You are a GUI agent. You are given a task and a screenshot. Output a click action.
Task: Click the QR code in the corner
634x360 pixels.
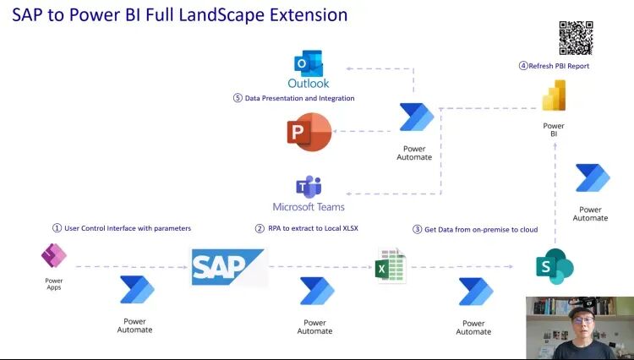pos(576,38)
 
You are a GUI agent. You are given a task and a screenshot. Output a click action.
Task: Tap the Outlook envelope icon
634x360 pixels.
pos(308,64)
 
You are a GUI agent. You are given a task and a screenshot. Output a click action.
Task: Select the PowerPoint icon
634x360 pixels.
pos(309,132)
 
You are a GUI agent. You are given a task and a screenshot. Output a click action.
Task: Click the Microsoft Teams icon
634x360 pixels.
pos(309,187)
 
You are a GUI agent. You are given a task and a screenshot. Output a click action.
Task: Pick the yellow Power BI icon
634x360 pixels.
pos(554,95)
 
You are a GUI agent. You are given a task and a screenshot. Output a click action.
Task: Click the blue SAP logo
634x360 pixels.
pos(228,267)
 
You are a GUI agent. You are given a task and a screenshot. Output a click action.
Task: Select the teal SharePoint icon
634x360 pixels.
pos(555,267)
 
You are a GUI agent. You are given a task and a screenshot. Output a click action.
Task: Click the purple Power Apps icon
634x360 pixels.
pos(54,255)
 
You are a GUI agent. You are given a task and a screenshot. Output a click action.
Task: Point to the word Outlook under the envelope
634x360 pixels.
pos(309,83)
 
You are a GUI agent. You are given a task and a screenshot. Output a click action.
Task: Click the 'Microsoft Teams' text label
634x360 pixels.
pos(309,207)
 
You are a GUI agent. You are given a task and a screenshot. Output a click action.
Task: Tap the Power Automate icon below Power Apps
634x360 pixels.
pos(136,290)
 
